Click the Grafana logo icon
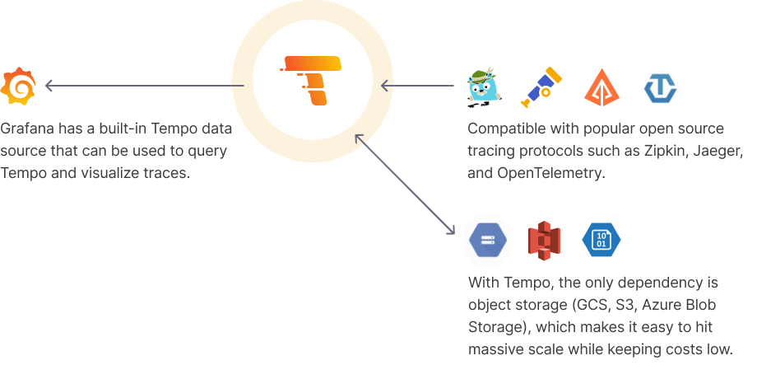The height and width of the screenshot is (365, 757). (x=18, y=85)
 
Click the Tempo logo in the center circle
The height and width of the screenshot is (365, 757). (x=310, y=80)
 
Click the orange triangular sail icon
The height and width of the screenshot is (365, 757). (x=601, y=86)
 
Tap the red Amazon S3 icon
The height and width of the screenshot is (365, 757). (x=543, y=238)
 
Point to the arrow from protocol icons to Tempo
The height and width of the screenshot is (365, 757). (x=420, y=85)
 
